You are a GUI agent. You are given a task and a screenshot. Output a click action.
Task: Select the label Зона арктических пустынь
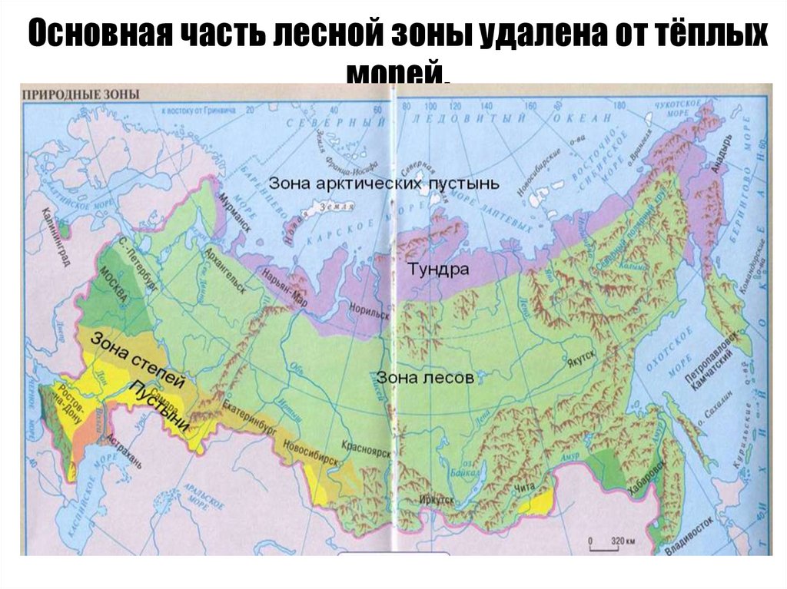click(384, 184)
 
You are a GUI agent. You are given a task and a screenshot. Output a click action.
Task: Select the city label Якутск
click(582, 358)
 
